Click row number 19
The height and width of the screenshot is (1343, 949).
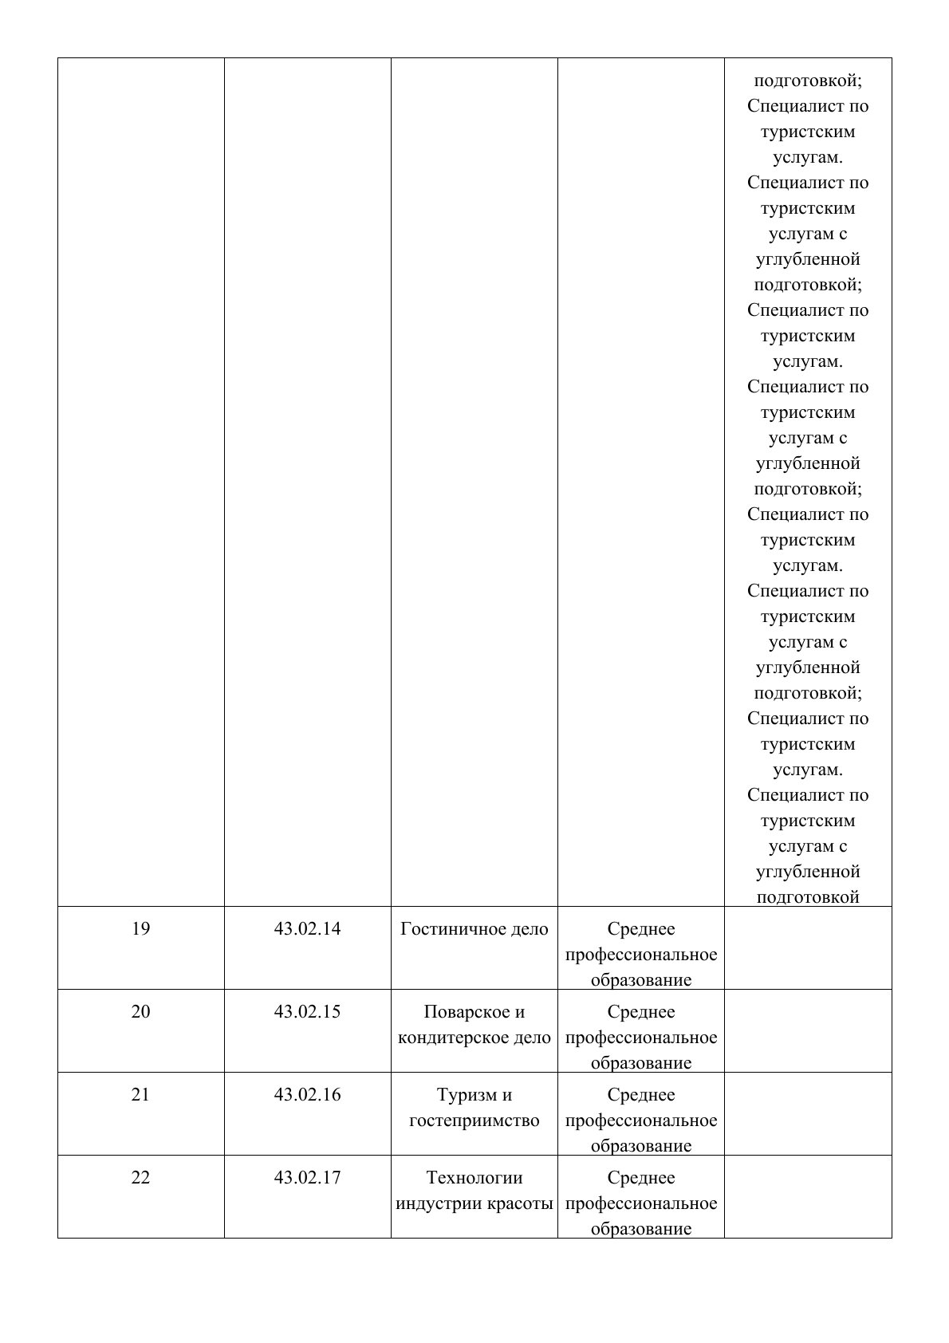140,929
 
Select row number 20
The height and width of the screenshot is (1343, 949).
140,1012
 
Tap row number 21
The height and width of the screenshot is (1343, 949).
140,1095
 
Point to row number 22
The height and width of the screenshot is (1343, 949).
140,1178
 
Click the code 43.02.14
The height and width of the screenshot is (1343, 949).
307,929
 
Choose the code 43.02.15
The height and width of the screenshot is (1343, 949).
307,1012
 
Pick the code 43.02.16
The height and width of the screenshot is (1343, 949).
307,1095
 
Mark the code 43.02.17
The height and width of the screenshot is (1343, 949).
307,1178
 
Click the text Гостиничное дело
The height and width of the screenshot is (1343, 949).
475,929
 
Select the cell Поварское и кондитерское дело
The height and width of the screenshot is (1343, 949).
475,1025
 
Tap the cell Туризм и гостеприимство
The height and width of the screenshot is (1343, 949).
475,1108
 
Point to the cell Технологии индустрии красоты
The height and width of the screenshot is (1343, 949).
475,1191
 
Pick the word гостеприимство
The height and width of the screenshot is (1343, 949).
475,1120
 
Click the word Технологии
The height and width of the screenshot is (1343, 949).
475,1178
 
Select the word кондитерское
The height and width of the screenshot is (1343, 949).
451,1038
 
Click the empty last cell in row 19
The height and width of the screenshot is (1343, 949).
808,948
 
